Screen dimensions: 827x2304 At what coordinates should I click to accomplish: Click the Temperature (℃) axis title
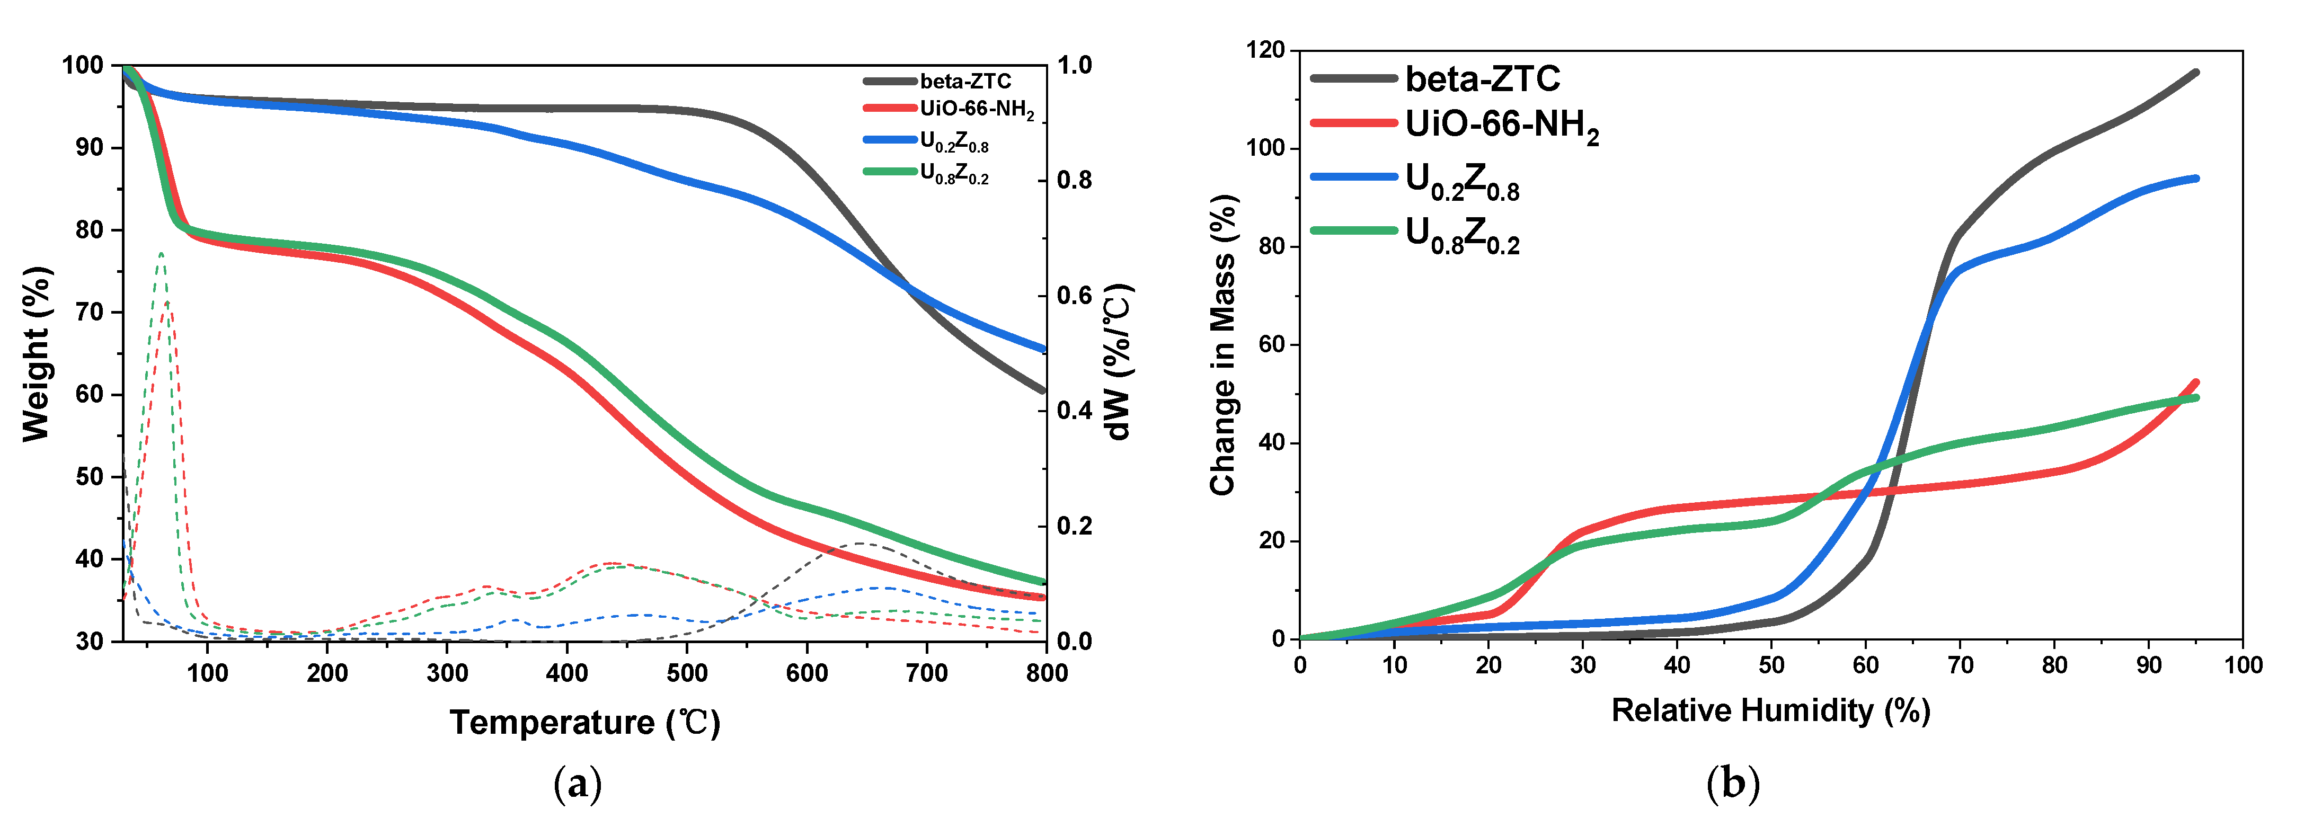[x=584, y=723]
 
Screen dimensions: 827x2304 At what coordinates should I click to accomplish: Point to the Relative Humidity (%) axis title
[x=1770, y=711]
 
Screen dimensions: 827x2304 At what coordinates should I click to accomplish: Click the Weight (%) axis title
[x=36, y=354]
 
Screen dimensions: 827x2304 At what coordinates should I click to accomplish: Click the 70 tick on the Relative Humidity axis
[x=1960, y=665]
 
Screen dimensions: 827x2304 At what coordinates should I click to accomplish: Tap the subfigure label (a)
[x=578, y=784]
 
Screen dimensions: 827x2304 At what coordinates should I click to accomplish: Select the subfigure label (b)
[x=1732, y=784]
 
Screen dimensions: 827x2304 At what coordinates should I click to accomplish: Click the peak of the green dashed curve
[x=161, y=253]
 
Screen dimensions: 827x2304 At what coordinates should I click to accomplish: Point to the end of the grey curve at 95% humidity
[x=2196, y=73]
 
